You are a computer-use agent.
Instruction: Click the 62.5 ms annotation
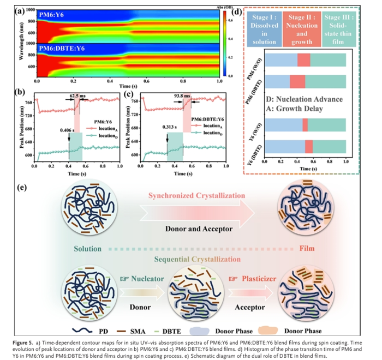[x=77, y=95]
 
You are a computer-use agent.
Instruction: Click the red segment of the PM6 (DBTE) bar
[x=297, y=81]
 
